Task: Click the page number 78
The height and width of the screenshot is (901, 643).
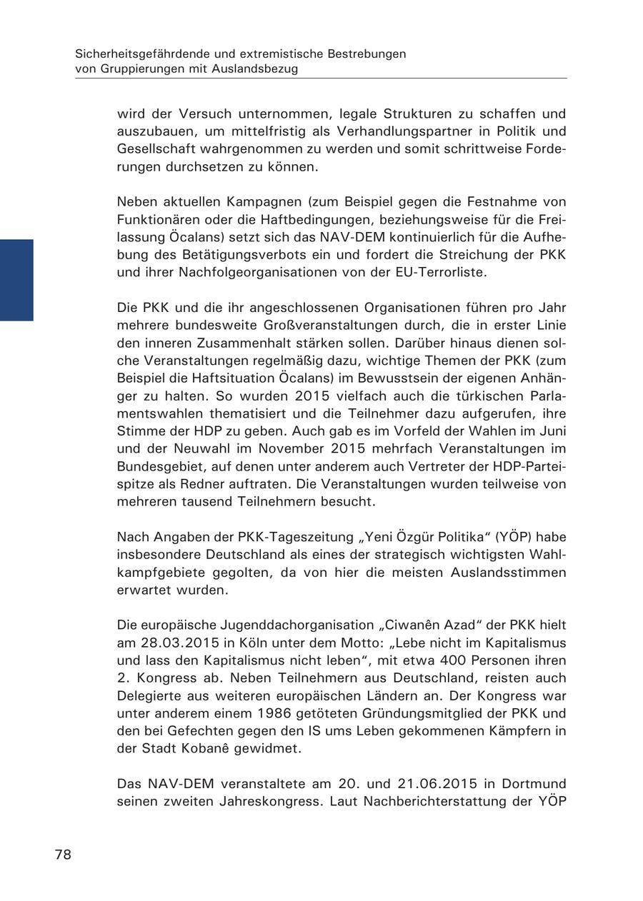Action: pyautogui.click(x=63, y=855)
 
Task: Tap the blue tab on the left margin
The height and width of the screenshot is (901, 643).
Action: pyautogui.click(x=16, y=280)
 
